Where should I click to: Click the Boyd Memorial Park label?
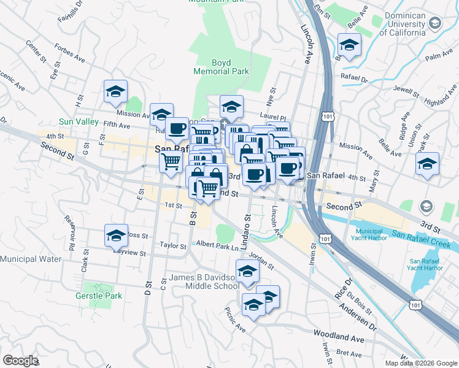click(221, 67)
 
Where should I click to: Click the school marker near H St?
click(115, 92)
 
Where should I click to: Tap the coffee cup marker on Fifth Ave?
click(177, 129)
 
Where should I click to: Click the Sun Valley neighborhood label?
click(79, 122)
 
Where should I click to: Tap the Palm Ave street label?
click(438, 56)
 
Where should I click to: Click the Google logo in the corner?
click(21, 360)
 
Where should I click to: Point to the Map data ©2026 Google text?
click(420, 363)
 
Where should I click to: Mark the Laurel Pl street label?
click(274, 117)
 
